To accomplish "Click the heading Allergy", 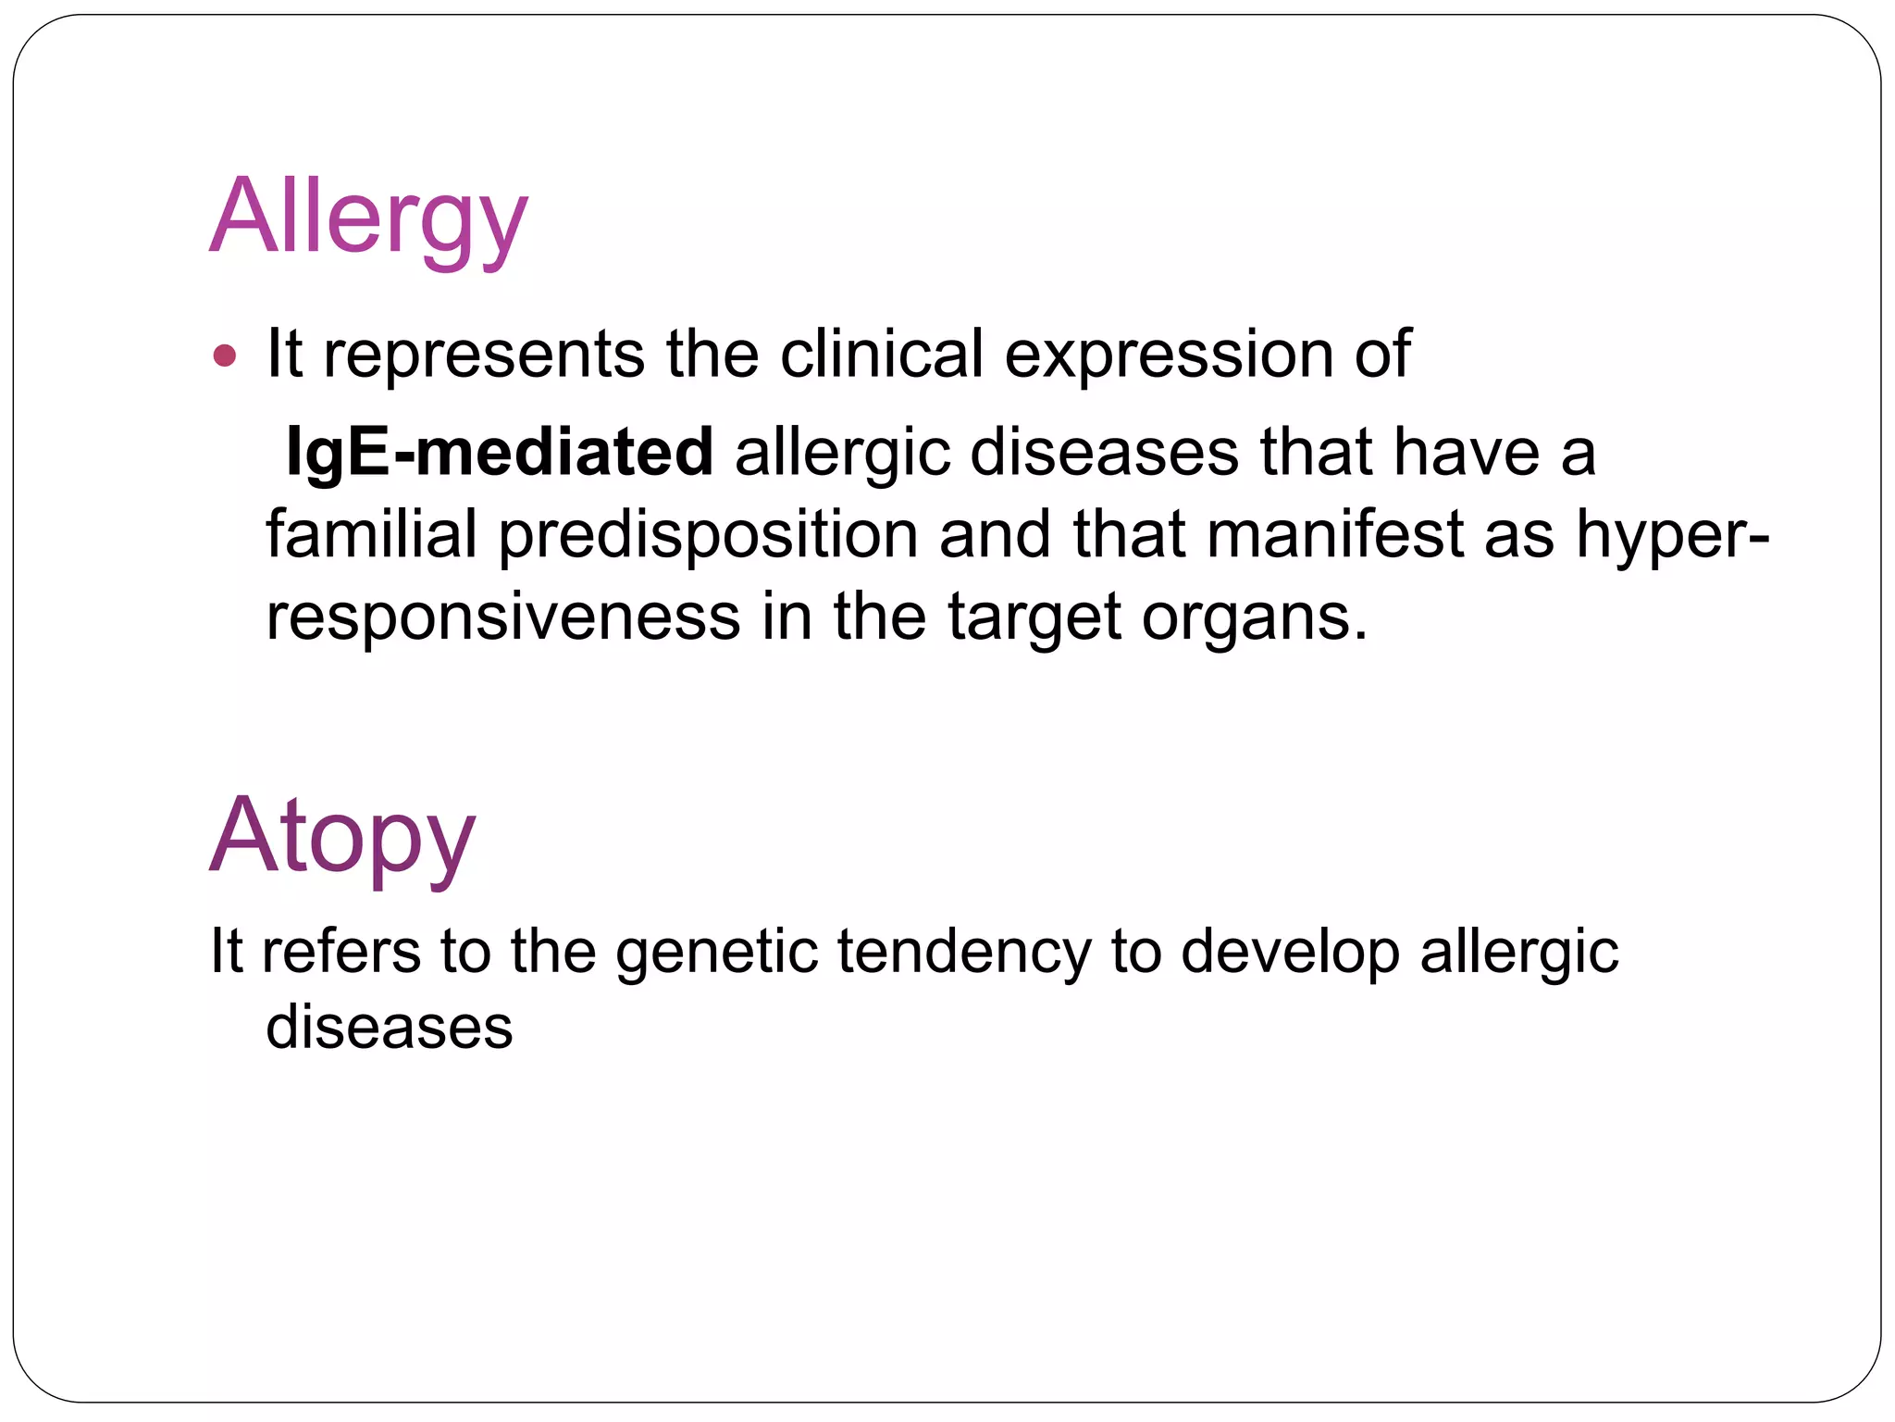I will [368, 218].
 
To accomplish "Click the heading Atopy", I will [342, 836].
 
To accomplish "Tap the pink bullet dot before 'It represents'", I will [225, 355].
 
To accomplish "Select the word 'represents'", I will [483, 355].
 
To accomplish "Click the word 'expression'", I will [1169, 355].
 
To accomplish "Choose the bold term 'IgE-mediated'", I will [500, 453].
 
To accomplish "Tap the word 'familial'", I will [371, 534].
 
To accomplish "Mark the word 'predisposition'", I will [708, 536].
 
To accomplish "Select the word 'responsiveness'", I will [503, 617].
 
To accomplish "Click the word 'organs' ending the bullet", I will [1253, 618].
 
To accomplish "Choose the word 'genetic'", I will [717, 952].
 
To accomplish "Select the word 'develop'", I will [1290, 952].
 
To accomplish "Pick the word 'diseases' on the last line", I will [389, 1028].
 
